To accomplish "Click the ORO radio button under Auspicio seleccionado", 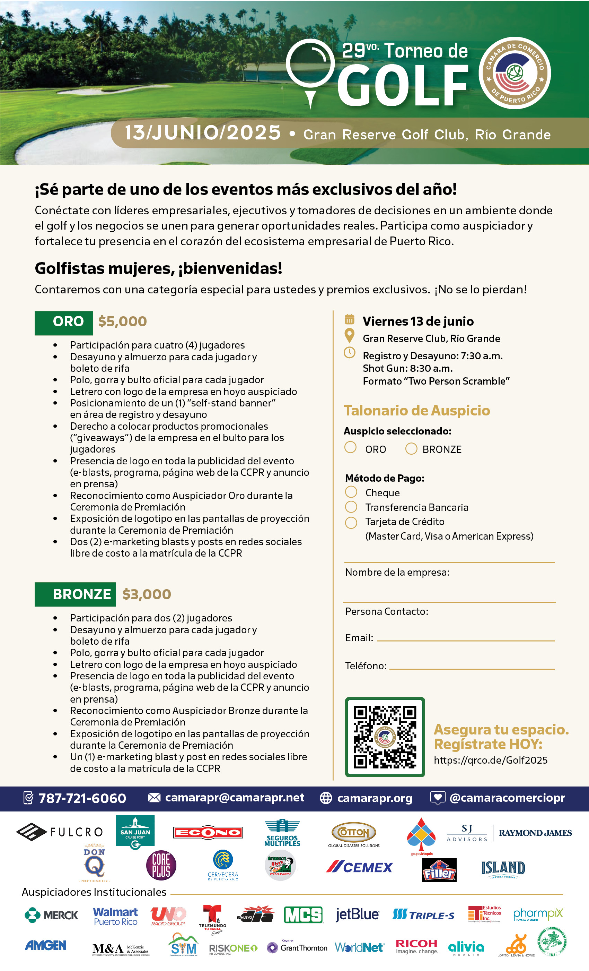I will (x=350, y=447).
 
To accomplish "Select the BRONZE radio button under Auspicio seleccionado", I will (x=411, y=448).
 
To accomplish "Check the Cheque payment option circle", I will (x=351, y=492).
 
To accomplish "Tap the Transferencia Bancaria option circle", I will (x=351, y=507).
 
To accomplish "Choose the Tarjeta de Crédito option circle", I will (x=351, y=522).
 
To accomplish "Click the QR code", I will (x=385, y=737).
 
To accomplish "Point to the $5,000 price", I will (x=122, y=321).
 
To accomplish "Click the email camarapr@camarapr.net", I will (x=234, y=798).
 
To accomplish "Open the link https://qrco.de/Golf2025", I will (x=490, y=760).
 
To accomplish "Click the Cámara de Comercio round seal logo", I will (x=514, y=73).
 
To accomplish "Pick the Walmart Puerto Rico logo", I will (x=115, y=916).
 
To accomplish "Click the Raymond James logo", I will (x=535, y=833).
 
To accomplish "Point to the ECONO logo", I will (x=208, y=832).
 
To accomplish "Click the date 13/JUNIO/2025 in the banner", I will (x=203, y=133).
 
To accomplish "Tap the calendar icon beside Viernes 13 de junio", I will (x=349, y=319).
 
